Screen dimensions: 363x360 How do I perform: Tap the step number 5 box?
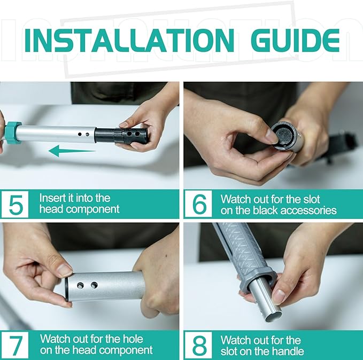[15, 204]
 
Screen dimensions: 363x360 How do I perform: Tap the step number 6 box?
[199, 204]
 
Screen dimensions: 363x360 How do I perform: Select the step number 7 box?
[15, 345]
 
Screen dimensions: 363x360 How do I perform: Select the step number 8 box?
[199, 345]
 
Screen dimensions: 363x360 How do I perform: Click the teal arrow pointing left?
[72, 151]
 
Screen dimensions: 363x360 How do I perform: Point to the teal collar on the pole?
[13, 133]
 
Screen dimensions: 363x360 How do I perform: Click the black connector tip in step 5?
[121, 136]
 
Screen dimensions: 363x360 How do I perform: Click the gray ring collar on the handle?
[258, 279]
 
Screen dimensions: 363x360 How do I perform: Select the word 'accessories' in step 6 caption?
[309, 210]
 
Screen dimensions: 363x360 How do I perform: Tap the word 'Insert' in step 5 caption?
[51, 198]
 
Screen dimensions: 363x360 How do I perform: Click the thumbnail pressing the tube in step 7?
[64, 270]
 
